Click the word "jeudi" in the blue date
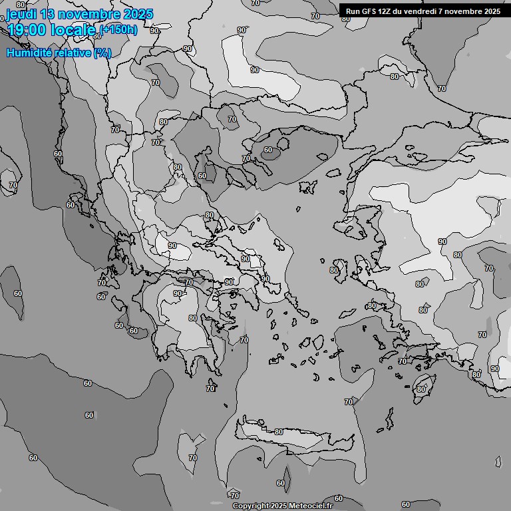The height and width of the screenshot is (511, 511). [23, 15]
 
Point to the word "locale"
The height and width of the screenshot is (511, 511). [77, 30]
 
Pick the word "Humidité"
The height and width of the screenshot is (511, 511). [29, 53]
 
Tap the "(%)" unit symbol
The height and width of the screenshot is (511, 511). [102, 53]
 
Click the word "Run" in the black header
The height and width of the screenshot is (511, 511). [353, 11]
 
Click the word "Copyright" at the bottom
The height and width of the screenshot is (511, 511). [251, 506]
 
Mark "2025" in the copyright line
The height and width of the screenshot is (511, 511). [279, 506]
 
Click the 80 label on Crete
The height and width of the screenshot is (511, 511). [278, 432]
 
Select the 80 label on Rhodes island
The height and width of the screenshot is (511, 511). [421, 389]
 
